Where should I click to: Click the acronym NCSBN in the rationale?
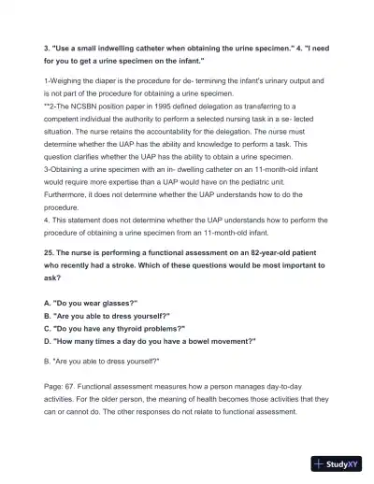[80, 107]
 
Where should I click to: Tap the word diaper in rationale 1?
[118, 82]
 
